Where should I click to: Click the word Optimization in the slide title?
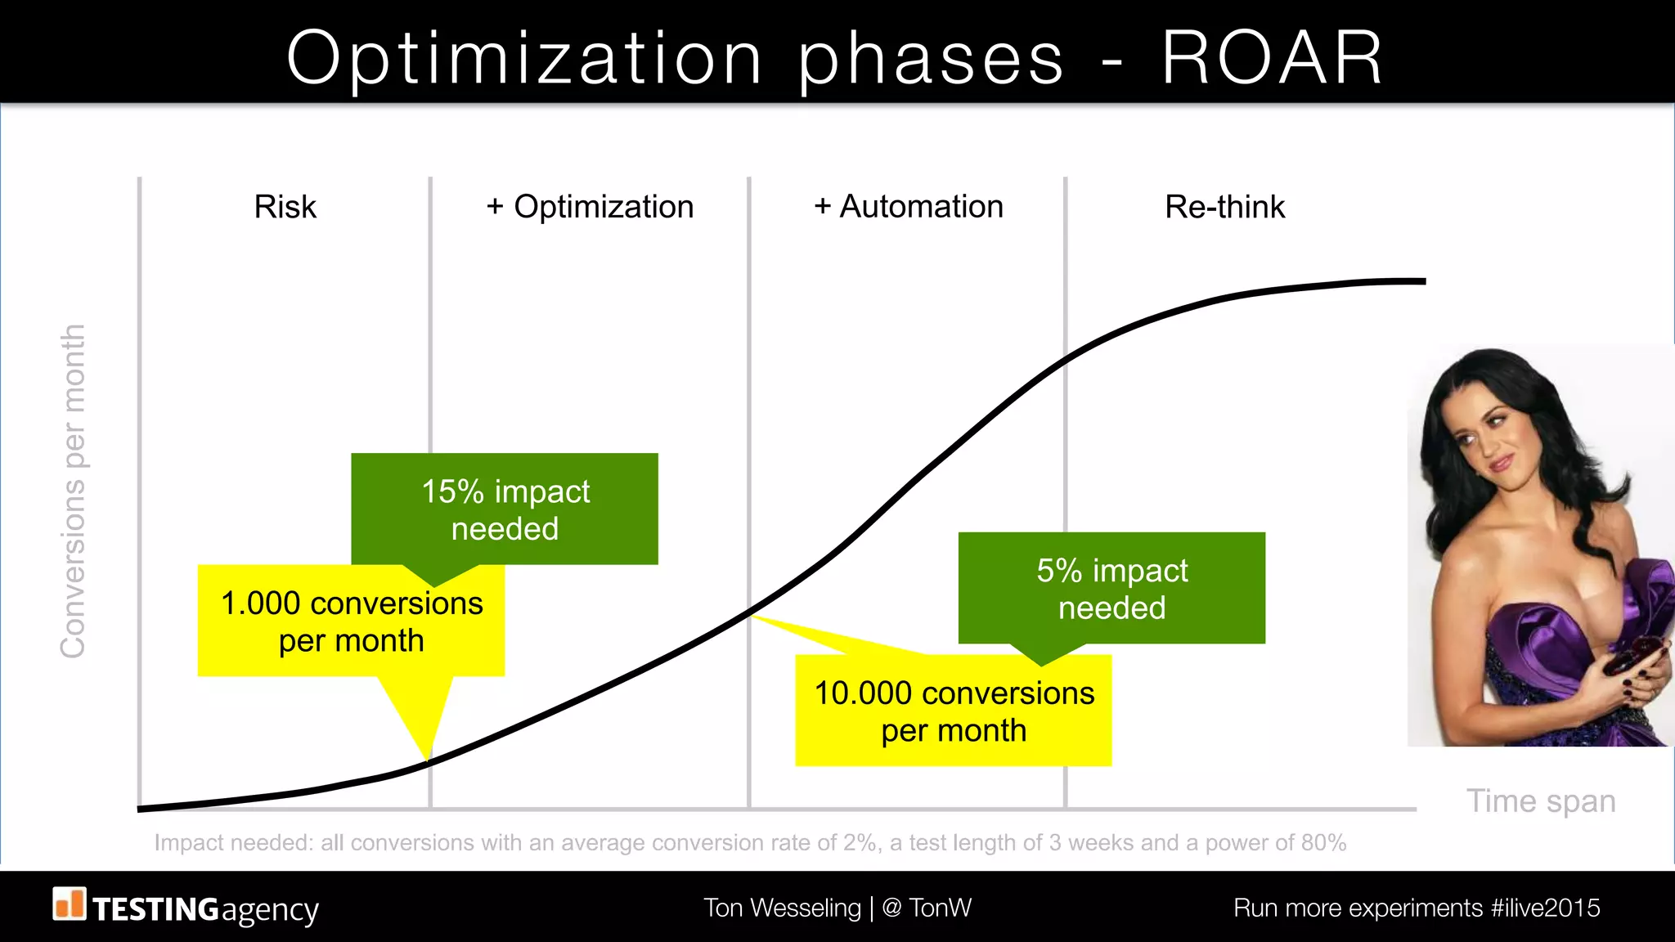click(x=523, y=59)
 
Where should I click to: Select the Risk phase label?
click(x=285, y=207)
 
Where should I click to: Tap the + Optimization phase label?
click(x=590, y=207)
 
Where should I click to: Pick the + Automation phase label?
click(x=909, y=207)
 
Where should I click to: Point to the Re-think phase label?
click(x=1224, y=207)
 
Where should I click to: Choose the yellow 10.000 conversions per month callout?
click(x=953, y=711)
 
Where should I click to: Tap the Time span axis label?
click(x=1541, y=801)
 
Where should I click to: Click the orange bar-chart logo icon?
click(x=70, y=904)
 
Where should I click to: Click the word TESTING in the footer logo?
click(x=155, y=909)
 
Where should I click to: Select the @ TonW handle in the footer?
click(x=927, y=908)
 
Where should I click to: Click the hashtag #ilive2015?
click(x=1545, y=908)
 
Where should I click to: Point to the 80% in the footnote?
click(x=1323, y=843)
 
